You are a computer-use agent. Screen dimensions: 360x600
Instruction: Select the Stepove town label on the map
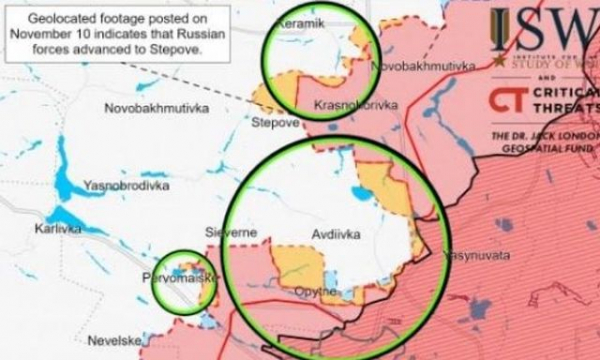pos(274,122)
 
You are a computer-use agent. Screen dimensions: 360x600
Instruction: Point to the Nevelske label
pos(113,340)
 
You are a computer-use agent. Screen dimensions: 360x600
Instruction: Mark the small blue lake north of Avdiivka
pos(359,191)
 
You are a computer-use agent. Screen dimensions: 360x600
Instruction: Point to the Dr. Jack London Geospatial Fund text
pos(545,139)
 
